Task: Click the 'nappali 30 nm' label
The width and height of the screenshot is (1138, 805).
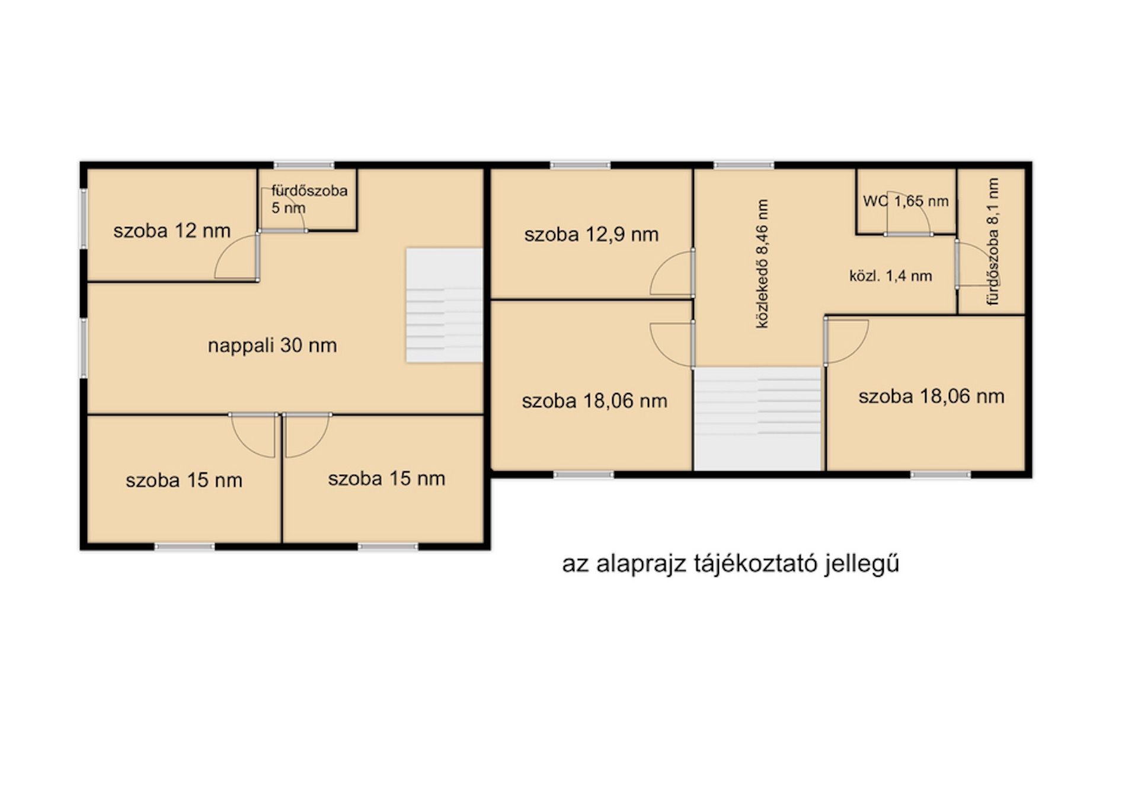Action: (x=272, y=345)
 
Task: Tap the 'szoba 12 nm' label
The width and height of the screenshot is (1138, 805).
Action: (x=172, y=230)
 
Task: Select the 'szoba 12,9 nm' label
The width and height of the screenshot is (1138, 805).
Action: (x=591, y=235)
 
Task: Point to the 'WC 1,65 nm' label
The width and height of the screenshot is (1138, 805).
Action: (x=906, y=201)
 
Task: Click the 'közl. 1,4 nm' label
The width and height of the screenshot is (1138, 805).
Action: (x=890, y=276)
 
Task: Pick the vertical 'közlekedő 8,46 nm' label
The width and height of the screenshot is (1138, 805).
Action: (x=762, y=264)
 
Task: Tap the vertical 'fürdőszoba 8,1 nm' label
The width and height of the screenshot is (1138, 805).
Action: (x=993, y=242)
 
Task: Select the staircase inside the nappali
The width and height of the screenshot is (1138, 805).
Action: (x=444, y=305)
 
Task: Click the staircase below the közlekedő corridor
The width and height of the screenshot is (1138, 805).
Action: (x=759, y=419)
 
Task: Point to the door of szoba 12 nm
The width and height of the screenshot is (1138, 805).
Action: (x=238, y=256)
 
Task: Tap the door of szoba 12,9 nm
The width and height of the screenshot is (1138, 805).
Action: (x=673, y=273)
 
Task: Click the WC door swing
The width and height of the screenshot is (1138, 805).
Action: (x=907, y=213)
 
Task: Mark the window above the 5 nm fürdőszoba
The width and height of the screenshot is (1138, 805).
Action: (x=304, y=165)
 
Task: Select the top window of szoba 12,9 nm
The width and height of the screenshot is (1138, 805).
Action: (x=580, y=165)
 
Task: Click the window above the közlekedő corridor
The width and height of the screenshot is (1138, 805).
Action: (x=744, y=165)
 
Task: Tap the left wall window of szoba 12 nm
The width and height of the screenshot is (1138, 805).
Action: (x=84, y=218)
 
